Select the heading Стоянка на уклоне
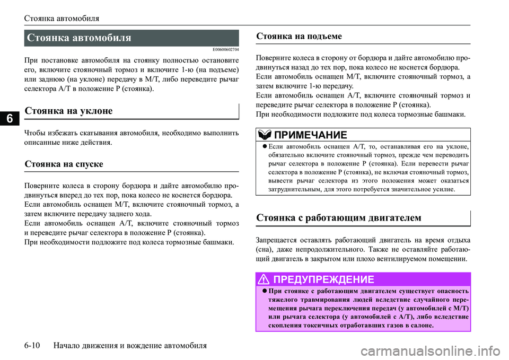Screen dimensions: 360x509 pyautogui.click(x=68, y=111)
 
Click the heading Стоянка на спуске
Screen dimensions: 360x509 pyautogui.click(x=64, y=164)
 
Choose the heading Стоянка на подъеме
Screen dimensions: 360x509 pyautogui.click(x=299, y=36)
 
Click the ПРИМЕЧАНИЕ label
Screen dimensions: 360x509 pyautogui.click(x=311, y=134)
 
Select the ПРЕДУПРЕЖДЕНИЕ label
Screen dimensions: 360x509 pyautogui.click(x=324, y=279)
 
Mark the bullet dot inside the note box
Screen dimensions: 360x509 pyautogui.click(x=264, y=146)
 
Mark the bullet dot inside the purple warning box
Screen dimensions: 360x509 pyautogui.click(x=264, y=291)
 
